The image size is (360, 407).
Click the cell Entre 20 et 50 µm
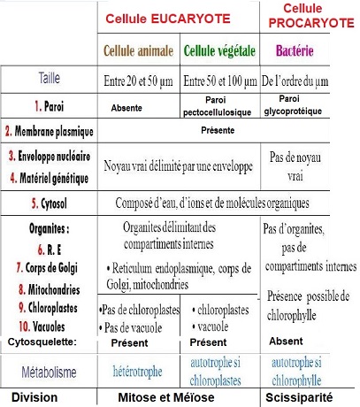(139, 82)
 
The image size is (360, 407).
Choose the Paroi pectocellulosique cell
(221, 104)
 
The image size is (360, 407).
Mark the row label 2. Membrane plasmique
(50, 133)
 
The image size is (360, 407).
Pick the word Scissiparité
(309, 397)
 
